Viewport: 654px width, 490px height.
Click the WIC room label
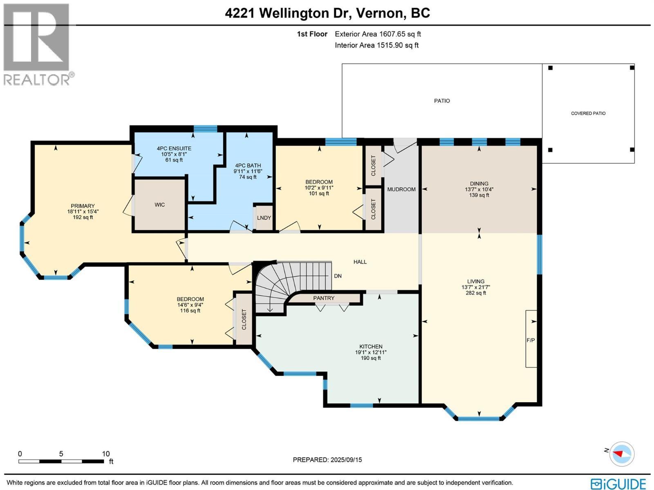click(160, 205)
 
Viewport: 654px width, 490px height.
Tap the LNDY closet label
click(264, 218)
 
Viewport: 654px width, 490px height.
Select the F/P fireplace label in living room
click(531, 340)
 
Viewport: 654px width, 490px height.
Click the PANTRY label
click(324, 298)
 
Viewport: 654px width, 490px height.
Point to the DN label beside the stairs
click(338, 276)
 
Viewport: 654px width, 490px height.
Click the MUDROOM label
click(401, 189)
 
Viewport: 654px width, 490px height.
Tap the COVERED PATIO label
click(588, 113)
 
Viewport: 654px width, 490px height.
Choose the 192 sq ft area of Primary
click(83, 217)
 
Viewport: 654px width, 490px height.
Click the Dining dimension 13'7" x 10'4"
click(479, 189)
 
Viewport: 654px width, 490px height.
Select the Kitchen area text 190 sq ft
click(371, 358)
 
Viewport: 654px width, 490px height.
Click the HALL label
click(360, 262)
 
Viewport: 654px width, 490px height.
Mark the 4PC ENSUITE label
click(174, 149)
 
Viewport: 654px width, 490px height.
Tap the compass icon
click(622, 454)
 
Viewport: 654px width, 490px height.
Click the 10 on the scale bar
click(106, 454)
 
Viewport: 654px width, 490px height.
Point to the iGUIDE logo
click(618, 484)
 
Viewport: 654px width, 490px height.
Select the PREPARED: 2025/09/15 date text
click(327, 460)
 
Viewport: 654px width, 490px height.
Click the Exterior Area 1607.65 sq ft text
click(378, 34)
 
